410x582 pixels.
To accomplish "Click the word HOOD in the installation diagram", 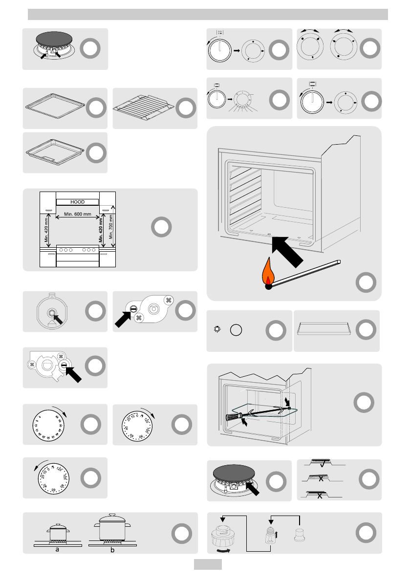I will [77, 201].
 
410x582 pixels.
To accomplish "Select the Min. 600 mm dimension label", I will [78, 214].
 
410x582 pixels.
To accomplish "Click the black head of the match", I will [268, 287].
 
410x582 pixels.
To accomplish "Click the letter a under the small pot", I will [57, 549].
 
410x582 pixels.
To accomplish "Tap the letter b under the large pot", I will [113, 550].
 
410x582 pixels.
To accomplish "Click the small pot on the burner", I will [57, 532].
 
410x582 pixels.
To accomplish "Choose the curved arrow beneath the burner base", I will [222, 550].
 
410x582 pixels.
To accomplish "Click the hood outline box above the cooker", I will [77, 201].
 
